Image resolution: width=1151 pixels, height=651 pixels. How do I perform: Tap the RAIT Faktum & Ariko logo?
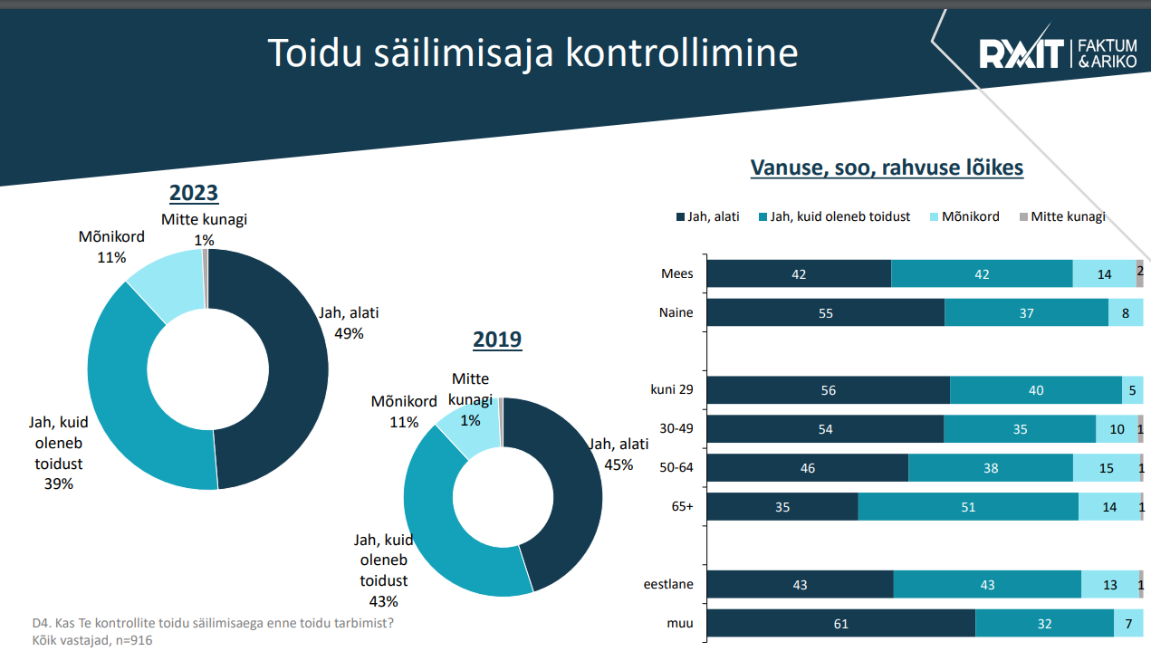(x=1059, y=54)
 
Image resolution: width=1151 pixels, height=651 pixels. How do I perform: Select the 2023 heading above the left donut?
(x=194, y=193)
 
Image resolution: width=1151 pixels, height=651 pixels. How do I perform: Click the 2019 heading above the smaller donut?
(x=497, y=340)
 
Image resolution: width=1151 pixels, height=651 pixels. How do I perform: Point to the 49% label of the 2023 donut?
(x=349, y=333)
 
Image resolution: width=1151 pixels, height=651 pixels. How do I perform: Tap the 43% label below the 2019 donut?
(x=384, y=600)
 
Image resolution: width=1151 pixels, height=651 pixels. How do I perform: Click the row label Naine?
(x=676, y=312)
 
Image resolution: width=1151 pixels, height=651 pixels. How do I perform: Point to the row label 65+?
(x=682, y=506)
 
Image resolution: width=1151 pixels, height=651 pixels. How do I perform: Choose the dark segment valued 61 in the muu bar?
(x=840, y=624)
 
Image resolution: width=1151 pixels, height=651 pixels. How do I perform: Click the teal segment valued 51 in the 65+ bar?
(x=968, y=507)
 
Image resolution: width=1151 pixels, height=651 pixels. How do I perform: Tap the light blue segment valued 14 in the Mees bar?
(x=1104, y=273)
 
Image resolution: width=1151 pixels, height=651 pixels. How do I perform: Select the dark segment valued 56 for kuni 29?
(x=828, y=390)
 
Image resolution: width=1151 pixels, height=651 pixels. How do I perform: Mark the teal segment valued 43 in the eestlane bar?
(x=987, y=585)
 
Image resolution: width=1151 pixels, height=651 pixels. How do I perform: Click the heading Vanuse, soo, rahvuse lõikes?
(x=887, y=168)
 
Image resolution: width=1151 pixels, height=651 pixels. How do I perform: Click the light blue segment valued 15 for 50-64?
(x=1106, y=468)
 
